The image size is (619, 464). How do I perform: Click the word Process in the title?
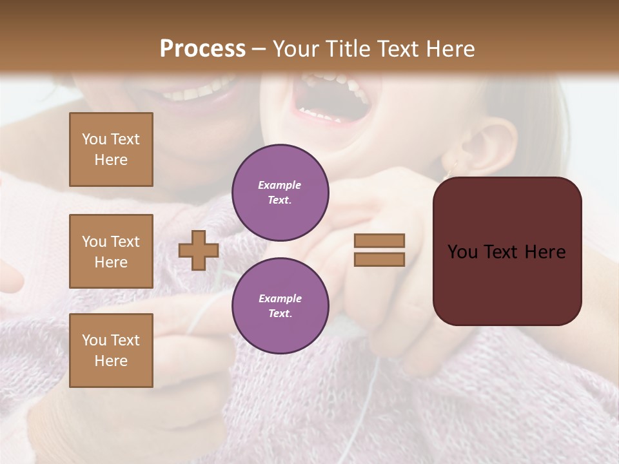click(202, 49)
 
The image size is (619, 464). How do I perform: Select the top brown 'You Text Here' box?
click(111, 150)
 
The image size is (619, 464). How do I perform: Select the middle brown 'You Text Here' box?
click(111, 251)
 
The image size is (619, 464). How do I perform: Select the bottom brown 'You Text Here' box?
click(111, 351)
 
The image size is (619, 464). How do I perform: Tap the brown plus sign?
click(198, 250)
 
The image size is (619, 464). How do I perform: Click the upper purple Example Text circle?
click(280, 193)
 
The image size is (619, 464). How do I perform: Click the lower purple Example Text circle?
click(280, 306)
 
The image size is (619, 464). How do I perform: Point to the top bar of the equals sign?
click(379, 240)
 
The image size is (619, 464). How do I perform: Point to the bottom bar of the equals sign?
click(379, 259)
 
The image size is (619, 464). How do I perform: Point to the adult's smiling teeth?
click(200, 90)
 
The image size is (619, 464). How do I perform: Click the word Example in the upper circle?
click(280, 185)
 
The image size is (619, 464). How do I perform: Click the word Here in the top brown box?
click(111, 160)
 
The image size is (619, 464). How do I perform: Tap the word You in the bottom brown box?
click(93, 340)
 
